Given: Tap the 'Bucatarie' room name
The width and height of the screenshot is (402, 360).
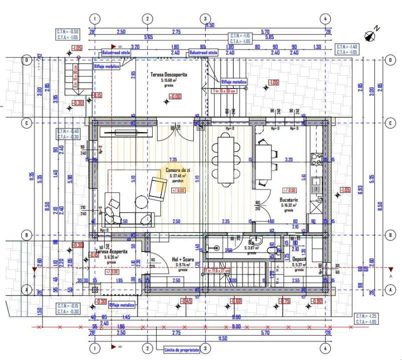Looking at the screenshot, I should tap(289, 199).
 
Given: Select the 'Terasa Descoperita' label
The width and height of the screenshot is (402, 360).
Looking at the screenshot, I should tap(169, 74).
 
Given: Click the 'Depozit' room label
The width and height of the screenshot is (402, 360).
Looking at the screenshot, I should tap(299, 260).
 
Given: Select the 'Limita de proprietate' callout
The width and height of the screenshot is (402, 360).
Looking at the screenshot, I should tap(181, 350).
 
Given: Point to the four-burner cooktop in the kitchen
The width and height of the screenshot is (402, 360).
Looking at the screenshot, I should tap(316, 159).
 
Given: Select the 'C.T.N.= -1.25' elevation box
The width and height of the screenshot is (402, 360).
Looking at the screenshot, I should tap(367, 319).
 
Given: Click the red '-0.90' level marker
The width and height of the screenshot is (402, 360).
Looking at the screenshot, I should tap(316, 301).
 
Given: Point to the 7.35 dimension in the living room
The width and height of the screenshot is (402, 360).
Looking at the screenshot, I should tap(173, 159).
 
